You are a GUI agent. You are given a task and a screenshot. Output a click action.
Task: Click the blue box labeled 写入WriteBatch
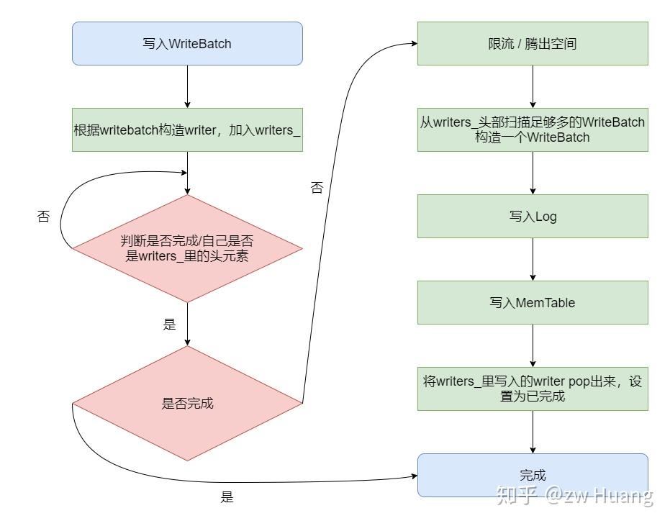tap(187, 43)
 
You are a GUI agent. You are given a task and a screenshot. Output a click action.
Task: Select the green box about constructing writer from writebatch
tap(187, 130)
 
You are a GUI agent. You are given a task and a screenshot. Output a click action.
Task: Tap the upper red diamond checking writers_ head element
tap(187, 248)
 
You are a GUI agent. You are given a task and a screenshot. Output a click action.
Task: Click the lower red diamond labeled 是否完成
tap(187, 403)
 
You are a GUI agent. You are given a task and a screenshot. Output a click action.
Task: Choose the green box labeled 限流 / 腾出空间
tap(533, 43)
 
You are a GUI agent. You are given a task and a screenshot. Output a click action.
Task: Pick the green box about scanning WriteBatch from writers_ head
tap(533, 130)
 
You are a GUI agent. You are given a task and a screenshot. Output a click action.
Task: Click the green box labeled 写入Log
tap(533, 216)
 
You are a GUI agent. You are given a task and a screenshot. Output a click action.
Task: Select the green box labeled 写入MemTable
tap(533, 302)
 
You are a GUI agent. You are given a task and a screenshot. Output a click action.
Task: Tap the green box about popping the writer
tap(533, 389)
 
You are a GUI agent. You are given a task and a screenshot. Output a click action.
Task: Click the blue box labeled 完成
tap(533, 475)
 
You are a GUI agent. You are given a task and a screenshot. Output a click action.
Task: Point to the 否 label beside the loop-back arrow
tap(43, 217)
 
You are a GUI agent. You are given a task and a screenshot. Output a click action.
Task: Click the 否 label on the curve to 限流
tap(317, 188)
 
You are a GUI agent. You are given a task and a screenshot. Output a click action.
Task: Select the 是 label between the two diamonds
tap(170, 325)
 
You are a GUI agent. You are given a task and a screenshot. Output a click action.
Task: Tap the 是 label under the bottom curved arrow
tap(227, 497)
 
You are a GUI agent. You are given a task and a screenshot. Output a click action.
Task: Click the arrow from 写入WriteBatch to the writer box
tap(187, 86)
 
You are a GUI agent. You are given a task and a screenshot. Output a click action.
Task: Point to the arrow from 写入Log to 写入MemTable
tap(533, 259)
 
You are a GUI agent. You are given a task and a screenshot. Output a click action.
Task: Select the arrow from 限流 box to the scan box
tap(533, 86)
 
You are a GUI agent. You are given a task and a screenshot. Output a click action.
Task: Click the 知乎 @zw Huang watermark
tap(576, 496)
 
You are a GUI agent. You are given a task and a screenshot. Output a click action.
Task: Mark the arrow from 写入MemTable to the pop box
tap(533, 345)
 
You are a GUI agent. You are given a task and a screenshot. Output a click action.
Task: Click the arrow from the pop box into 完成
tap(533, 432)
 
